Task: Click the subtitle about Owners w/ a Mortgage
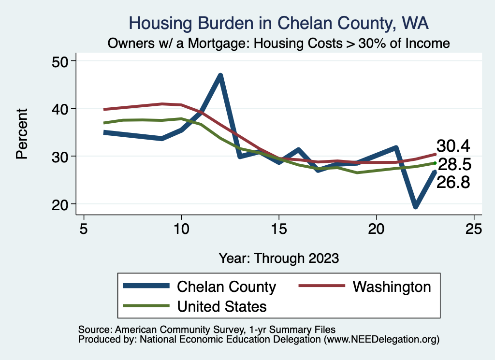[x=279, y=43]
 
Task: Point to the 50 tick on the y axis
[x=61, y=61]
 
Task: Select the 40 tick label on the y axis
[x=61, y=108]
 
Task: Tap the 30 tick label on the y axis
[x=61, y=156]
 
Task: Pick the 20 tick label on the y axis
[x=61, y=204]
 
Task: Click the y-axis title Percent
[x=22, y=133]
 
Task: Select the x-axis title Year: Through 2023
[x=279, y=258]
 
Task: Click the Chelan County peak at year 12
[x=220, y=76]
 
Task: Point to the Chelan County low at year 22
[x=415, y=206]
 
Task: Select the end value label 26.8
[x=453, y=182]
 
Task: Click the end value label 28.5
[x=454, y=164]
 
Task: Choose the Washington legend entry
[x=392, y=287]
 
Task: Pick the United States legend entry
[x=222, y=306]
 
